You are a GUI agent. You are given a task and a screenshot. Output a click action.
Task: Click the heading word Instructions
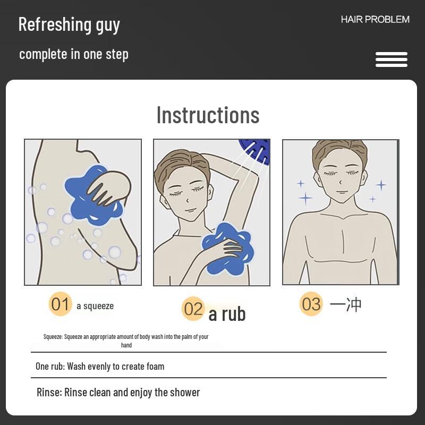(208, 115)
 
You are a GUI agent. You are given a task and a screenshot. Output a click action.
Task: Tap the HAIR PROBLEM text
(375, 20)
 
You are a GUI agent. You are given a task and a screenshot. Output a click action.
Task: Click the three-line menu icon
(391, 59)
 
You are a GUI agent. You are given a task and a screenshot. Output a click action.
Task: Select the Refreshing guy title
(69, 24)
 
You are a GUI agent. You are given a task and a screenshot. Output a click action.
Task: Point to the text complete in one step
(73, 54)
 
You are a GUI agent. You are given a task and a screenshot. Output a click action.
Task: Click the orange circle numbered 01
(60, 304)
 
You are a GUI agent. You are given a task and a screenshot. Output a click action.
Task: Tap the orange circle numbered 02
(193, 309)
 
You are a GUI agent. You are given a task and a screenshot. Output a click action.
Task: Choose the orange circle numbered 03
(311, 304)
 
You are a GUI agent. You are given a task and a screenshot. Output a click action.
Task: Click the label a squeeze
(95, 306)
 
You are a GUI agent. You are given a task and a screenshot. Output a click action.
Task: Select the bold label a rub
(227, 314)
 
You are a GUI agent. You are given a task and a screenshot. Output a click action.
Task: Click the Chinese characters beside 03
(346, 304)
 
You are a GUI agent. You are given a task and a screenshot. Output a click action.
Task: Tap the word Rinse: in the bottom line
(49, 393)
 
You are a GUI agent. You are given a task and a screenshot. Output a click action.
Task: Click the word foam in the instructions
(153, 366)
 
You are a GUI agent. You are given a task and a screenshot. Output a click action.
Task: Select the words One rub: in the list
(50, 366)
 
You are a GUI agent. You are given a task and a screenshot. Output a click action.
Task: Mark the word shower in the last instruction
(185, 393)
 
